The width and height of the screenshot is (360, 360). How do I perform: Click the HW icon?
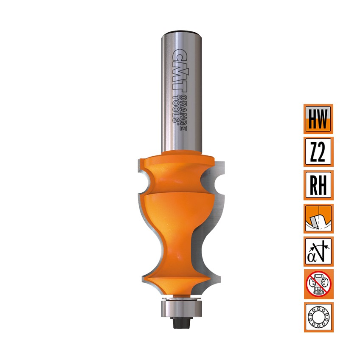(318, 119)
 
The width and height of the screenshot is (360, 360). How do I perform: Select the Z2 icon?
(318, 152)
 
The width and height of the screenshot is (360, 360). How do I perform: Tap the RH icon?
(318, 185)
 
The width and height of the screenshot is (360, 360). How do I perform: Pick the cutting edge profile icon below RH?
(318, 218)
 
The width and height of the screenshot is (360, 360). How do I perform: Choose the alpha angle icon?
(318, 251)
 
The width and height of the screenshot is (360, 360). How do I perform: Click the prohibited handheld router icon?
(318, 284)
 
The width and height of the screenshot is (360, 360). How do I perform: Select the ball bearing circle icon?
(318, 317)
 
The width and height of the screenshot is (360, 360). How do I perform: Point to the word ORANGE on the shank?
(183, 112)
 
